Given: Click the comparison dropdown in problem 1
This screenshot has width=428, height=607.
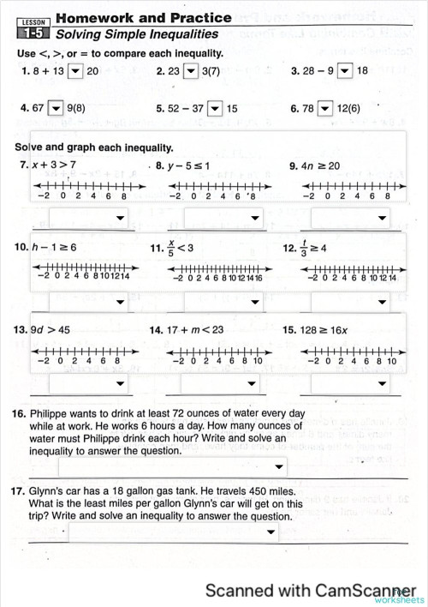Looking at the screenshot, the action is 74,71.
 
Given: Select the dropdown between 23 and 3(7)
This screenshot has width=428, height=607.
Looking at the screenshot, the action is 191,71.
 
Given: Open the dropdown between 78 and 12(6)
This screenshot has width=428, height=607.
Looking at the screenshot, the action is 325,109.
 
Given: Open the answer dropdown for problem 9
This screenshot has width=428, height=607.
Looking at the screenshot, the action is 350,218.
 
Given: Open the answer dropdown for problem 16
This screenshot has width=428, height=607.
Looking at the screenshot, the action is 172,467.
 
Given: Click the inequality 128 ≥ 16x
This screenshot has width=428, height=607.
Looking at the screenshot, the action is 331,328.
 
